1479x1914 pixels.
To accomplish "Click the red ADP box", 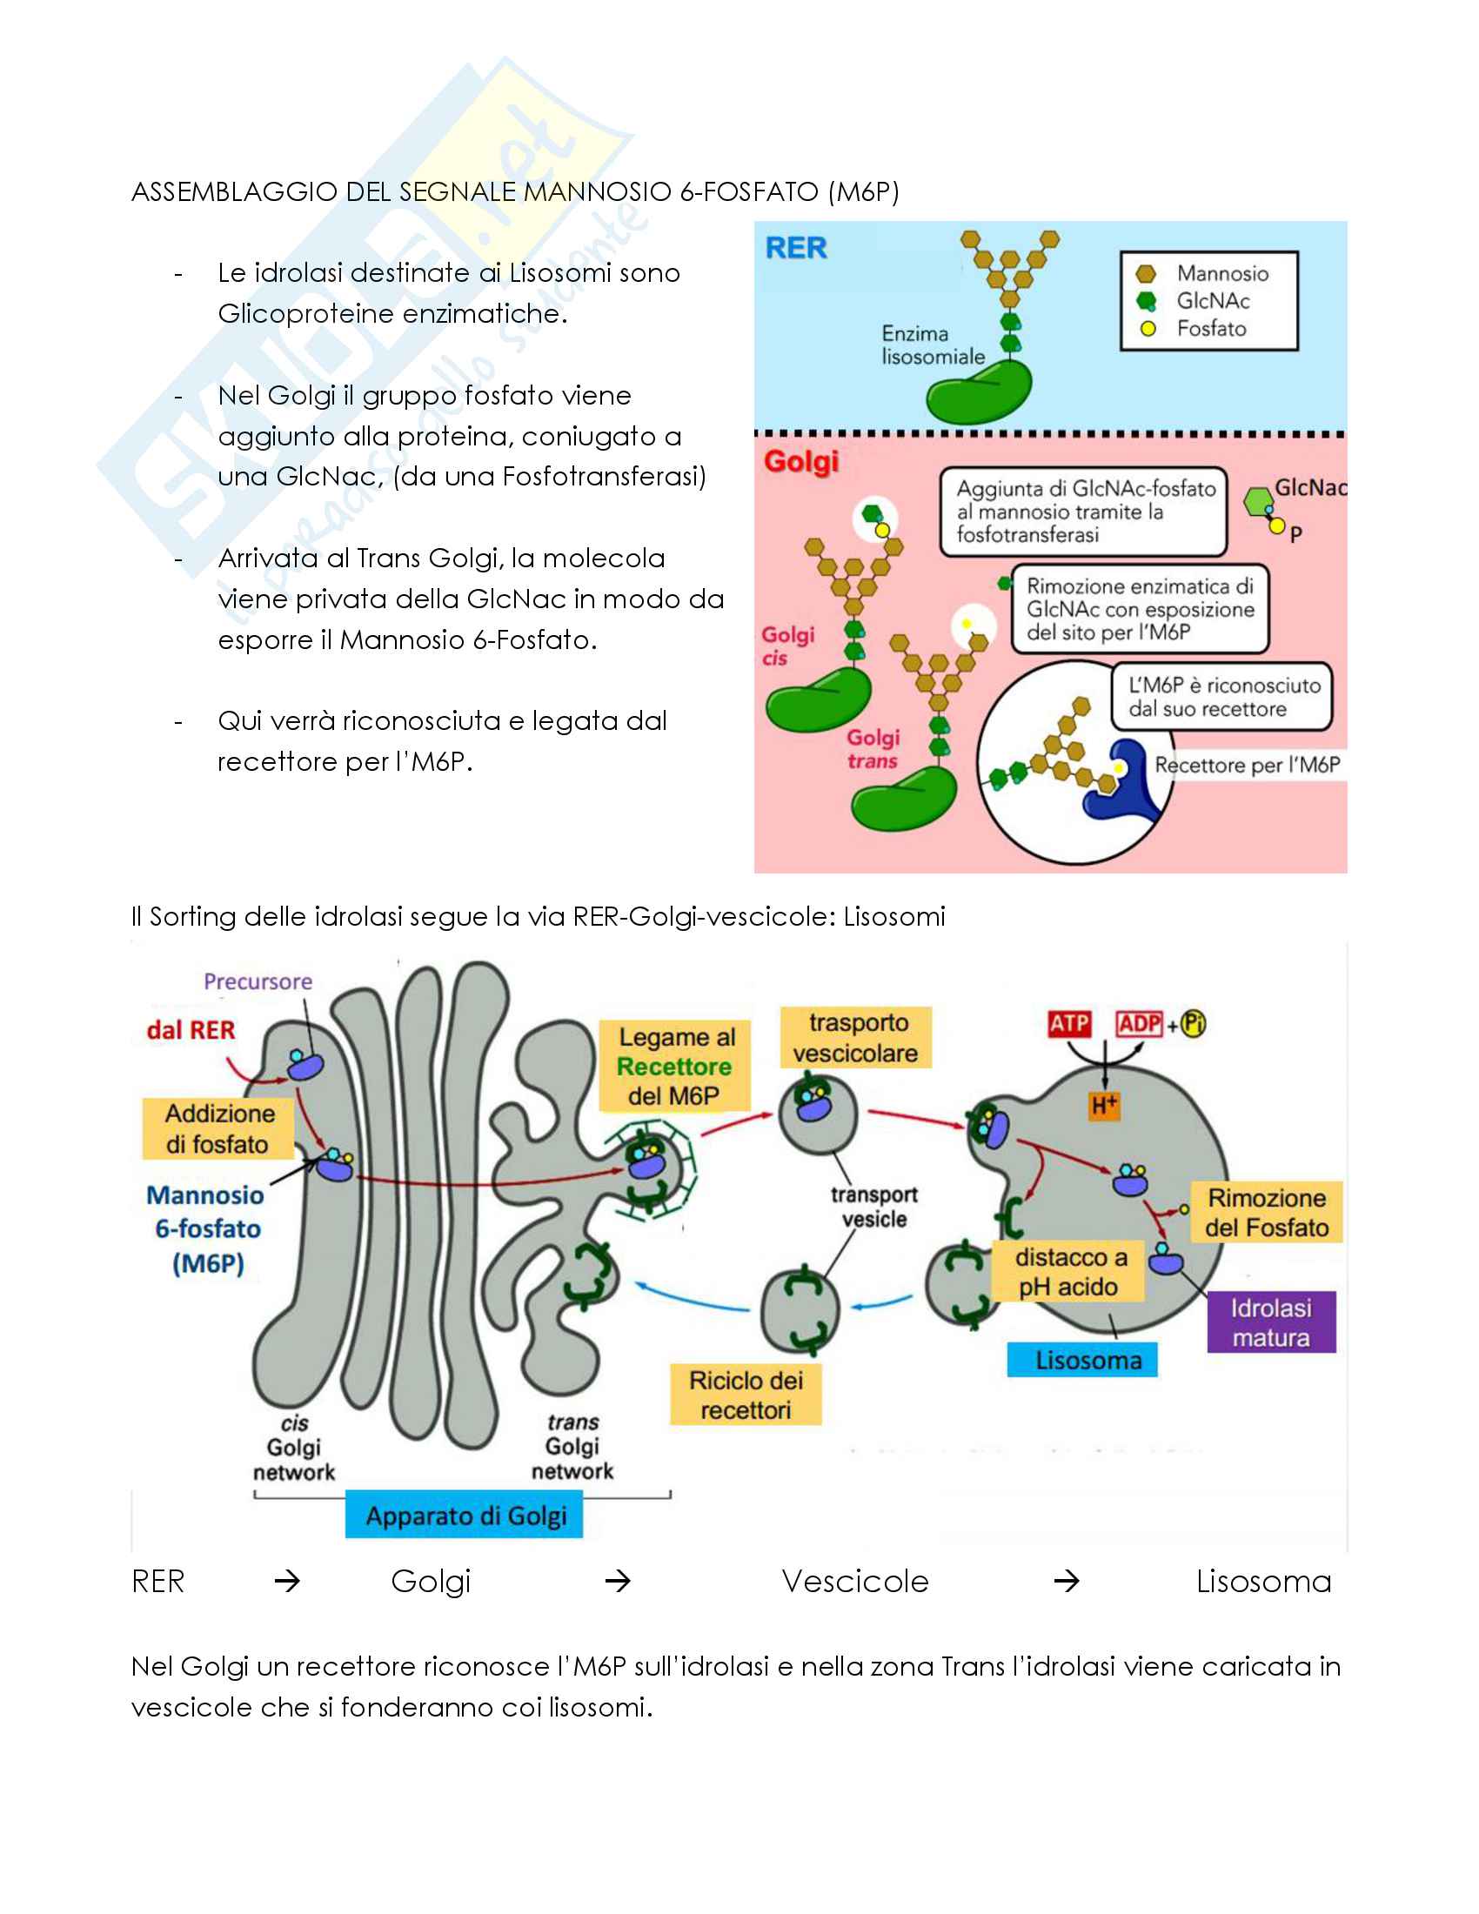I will tap(1139, 1024).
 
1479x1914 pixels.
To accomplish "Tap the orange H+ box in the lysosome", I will tap(1104, 1106).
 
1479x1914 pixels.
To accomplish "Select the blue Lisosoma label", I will tap(1082, 1359).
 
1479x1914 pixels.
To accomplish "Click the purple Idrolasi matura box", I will tap(1270, 1322).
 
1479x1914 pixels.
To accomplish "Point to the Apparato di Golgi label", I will tap(465, 1516).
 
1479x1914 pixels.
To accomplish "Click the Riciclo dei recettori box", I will tap(746, 1395).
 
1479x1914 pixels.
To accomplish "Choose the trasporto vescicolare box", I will tap(855, 1038).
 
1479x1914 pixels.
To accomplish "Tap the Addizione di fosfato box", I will tap(218, 1128).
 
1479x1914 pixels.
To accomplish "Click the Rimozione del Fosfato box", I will tap(1266, 1213).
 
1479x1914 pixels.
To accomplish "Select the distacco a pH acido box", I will tap(1069, 1272).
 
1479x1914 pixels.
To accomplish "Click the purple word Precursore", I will tap(258, 981).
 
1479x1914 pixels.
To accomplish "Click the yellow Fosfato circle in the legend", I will tap(1148, 330).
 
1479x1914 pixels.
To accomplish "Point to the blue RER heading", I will tap(795, 249).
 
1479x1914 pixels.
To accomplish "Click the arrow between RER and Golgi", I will tap(287, 1582).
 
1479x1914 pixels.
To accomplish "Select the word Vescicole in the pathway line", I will tap(854, 1582).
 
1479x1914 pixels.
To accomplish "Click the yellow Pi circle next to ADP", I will tap(1194, 1024).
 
